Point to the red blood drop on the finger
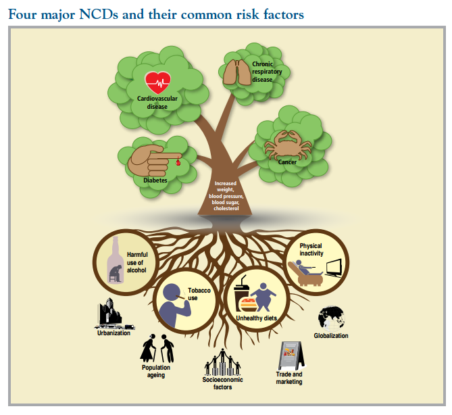click(178, 162)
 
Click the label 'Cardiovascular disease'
click(157, 103)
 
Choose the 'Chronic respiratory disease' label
click(262, 72)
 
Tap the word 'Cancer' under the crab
click(287, 162)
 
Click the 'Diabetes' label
click(155, 180)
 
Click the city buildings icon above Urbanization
click(109, 314)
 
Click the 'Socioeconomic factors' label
click(223, 383)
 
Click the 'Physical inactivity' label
click(311, 249)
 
